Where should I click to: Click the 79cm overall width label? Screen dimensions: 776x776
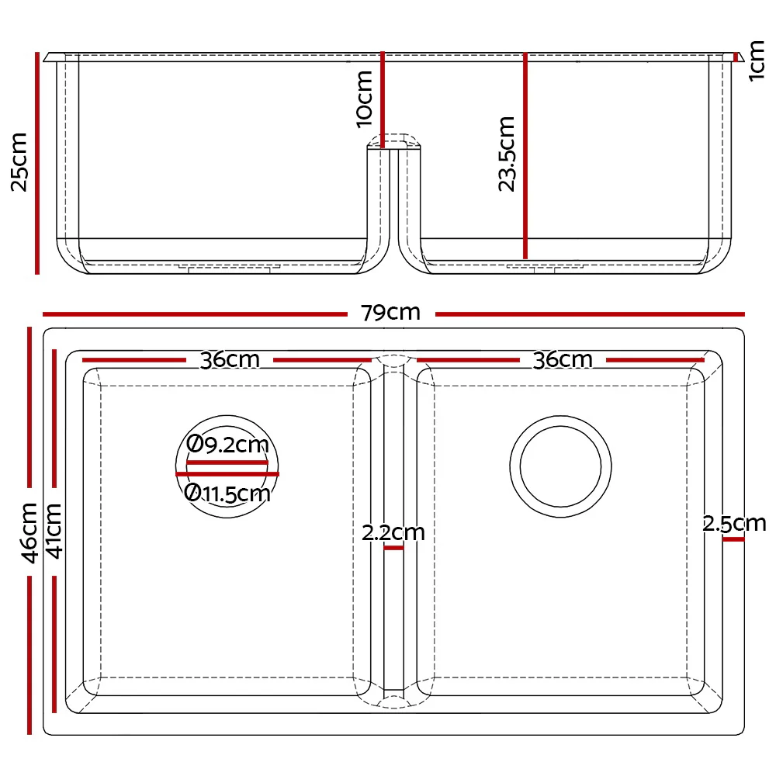[x=390, y=313]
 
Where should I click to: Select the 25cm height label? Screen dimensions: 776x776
[x=19, y=161]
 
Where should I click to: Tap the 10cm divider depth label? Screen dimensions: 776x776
[x=363, y=98]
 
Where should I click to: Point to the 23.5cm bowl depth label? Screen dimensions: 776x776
[x=507, y=154]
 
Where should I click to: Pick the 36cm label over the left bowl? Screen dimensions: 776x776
[x=230, y=360]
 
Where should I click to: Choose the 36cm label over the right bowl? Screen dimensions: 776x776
[x=563, y=360]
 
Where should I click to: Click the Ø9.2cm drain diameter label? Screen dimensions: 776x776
[x=228, y=445]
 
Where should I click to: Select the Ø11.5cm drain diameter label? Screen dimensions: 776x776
[x=228, y=493]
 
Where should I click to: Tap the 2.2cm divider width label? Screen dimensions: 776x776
[x=393, y=533]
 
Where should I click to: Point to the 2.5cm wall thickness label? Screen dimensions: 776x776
[x=734, y=524]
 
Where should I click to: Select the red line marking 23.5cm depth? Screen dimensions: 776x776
[x=525, y=155]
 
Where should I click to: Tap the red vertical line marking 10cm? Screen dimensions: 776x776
[x=383, y=99]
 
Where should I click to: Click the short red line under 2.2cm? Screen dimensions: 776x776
[x=393, y=548]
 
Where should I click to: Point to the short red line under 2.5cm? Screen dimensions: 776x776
[x=733, y=539]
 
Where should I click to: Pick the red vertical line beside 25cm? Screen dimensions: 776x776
[x=36, y=163]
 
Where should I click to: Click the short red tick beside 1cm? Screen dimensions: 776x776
[x=736, y=57]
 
